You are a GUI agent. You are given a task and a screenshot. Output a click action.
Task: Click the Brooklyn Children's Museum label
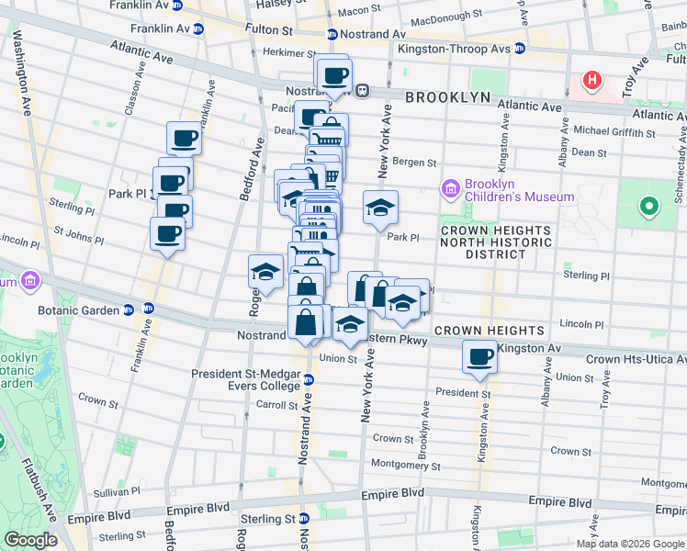point(519,189)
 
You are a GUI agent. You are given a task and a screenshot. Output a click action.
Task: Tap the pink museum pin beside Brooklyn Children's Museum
point(450,190)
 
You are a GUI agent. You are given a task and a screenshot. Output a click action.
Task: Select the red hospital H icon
point(592,80)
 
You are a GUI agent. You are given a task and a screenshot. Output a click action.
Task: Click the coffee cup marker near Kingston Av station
point(479,356)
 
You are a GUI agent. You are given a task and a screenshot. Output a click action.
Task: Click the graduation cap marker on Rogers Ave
point(265,272)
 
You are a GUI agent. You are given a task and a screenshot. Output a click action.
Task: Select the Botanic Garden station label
point(80,309)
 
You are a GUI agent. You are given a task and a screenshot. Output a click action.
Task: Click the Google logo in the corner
point(31,540)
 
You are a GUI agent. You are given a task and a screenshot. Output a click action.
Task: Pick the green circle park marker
point(649,207)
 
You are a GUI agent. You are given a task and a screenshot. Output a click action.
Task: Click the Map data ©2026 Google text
point(630,544)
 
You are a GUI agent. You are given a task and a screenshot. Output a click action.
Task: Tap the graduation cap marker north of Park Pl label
point(379,208)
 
